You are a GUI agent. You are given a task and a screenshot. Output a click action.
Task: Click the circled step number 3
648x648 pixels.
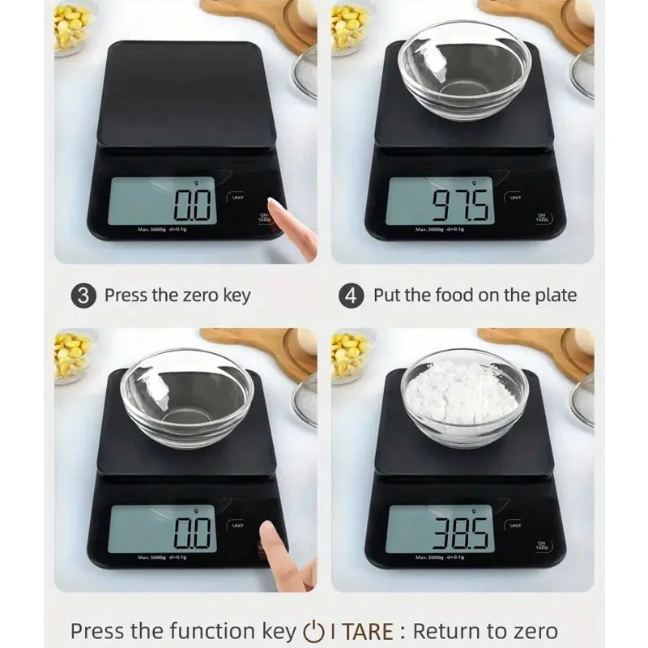tap(83, 295)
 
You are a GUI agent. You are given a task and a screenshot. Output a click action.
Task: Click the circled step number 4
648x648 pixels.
tap(351, 295)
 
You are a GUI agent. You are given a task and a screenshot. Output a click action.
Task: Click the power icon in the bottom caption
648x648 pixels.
tap(312, 631)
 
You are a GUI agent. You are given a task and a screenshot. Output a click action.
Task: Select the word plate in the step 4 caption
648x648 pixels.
tap(554, 295)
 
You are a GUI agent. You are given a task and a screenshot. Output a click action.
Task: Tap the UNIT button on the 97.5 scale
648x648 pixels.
tap(516, 197)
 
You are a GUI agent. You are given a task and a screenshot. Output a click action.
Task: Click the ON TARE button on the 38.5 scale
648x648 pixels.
tap(542, 546)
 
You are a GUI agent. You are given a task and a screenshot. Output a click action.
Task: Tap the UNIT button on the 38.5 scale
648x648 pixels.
tap(516, 525)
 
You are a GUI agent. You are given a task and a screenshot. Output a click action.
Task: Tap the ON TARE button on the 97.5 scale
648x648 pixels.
tap(542, 218)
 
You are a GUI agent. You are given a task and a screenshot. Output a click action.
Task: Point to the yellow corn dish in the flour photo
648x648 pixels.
tap(349, 356)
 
